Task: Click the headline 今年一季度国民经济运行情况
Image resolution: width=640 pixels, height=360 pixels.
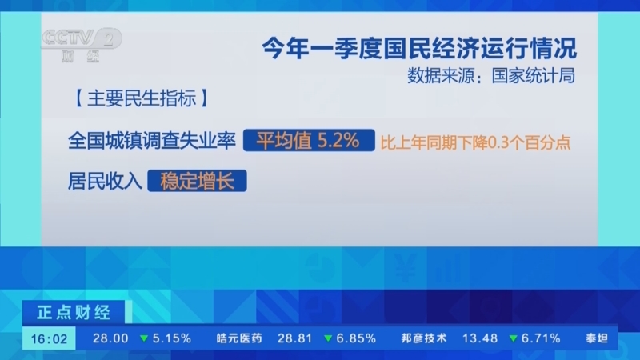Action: [x=419, y=47]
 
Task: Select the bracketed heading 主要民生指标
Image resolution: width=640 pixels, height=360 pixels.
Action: [x=140, y=102]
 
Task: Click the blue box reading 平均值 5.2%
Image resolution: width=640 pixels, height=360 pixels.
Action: [x=308, y=142]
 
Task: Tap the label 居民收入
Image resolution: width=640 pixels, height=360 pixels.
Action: [x=105, y=180]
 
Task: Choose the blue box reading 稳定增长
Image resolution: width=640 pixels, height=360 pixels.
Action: [x=197, y=180]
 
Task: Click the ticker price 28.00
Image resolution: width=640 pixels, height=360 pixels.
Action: [x=110, y=338]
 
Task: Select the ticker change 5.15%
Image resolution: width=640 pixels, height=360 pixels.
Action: [x=166, y=338]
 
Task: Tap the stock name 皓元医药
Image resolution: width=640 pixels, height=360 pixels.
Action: [x=239, y=338]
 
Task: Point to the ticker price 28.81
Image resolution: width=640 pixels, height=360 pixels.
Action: [x=294, y=338]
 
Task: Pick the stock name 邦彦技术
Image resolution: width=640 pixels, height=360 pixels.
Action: [x=424, y=338]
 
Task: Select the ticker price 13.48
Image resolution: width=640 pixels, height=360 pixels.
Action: [x=480, y=338]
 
